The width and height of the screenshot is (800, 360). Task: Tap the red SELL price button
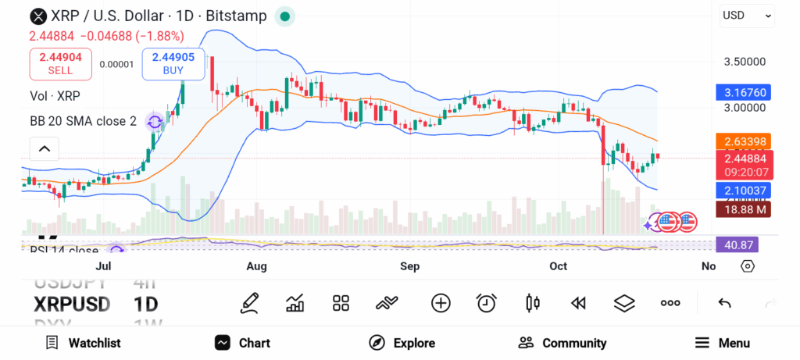coord(60,63)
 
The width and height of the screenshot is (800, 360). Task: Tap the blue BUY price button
coord(173,63)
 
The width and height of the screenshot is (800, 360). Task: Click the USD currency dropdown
coord(746,15)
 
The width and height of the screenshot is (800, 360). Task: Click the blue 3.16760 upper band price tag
coord(743,92)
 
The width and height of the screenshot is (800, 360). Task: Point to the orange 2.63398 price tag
coord(743,141)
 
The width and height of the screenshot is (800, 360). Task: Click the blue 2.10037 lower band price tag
coord(743,190)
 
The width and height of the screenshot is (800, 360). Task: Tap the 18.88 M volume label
coord(743,209)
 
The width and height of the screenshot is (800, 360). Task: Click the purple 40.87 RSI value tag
coord(737,244)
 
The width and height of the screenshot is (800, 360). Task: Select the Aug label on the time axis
coord(256,266)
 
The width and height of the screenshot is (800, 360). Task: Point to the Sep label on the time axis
coord(409,266)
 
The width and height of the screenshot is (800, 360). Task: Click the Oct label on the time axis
coord(558,266)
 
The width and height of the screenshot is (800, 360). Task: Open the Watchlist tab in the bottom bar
coord(83,343)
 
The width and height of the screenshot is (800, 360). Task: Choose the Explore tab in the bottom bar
coord(402,343)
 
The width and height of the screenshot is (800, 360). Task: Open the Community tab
coord(562,343)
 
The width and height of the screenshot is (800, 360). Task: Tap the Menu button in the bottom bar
coord(723,343)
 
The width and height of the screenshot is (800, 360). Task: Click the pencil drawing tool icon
coord(250,303)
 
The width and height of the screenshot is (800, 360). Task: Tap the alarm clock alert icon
coord(487,303)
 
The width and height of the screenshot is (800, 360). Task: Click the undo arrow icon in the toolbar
coord(724,303)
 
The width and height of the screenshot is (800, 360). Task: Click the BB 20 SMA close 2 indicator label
coord(83,121)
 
